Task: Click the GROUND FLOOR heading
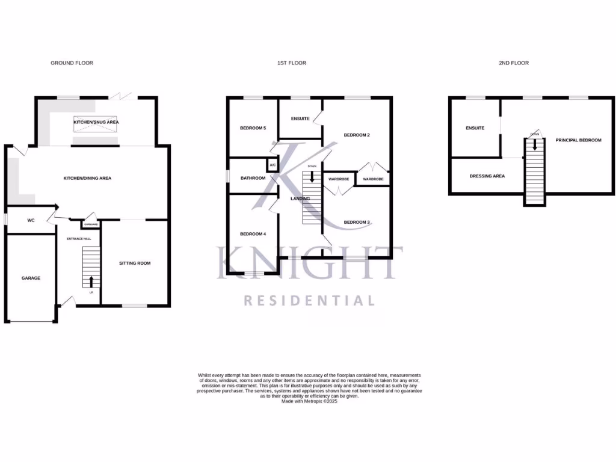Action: coord(72,63)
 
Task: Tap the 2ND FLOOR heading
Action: coord(514,63)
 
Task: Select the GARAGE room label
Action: coord(31,278)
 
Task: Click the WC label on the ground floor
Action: coord(31,221)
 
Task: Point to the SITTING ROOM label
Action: coord(135,263)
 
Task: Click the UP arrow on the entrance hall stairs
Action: coord(91,281)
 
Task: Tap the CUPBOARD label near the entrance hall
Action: coord(91,224)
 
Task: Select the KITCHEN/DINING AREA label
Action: coord(88,178)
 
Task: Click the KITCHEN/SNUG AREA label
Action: coord(96,122)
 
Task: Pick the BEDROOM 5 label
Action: coord(253,128)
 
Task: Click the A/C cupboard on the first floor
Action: coord(273,165)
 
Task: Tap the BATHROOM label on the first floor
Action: coord(253,178)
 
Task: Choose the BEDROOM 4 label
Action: coord(253,234)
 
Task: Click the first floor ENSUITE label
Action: coord(300,119)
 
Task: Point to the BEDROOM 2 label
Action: coord(357,135)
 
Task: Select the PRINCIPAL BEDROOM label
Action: coord(578,140)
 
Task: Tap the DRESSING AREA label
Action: coord(487,176)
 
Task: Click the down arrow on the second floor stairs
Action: coord(534,144)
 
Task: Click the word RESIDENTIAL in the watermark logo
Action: coord(309,300)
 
